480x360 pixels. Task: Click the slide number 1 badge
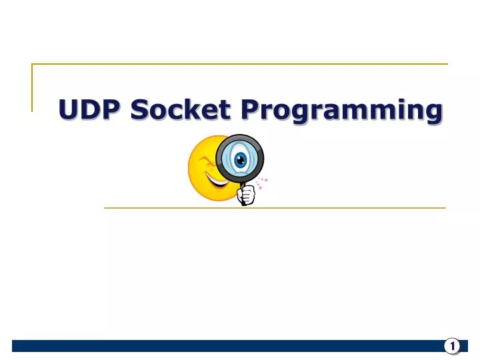coord(453,346)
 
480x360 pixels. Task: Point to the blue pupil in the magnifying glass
coord(240,160)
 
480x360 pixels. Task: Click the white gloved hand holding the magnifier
coord(246,195)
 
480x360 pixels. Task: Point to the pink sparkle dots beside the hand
coord(262,182)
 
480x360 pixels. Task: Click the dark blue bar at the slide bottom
coord(227,346)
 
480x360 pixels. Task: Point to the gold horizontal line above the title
coord(240,64)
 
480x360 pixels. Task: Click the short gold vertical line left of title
coord(32,87)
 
